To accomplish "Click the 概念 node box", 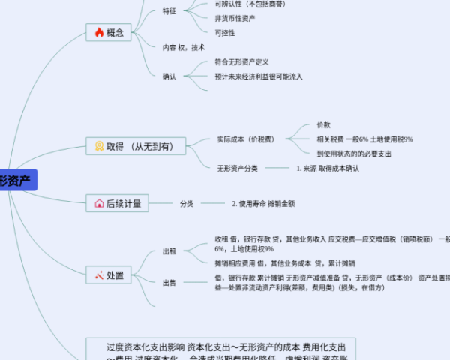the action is tap(108, 32).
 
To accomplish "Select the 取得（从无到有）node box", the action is tap(135, 146).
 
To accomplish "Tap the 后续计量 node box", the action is tap(118, 203).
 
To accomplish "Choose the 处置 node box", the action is tap(108, 275).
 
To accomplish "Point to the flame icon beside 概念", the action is tap(99, 32).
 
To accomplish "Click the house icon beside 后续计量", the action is tap(99, 203).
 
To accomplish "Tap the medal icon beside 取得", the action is tap(99, 146).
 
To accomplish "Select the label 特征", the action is tap(169, 11).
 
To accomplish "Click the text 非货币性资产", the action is tap(233, 18).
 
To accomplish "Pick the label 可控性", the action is tap(225, 33).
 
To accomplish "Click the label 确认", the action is tap(169, 76).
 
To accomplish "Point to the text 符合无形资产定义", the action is tap(241, 61).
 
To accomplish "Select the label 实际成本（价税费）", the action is tap(246, 139).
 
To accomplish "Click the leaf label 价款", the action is tap(323, 124).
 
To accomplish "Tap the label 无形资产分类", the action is tap(238, 169).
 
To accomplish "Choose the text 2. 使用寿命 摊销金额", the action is tap(263, 203).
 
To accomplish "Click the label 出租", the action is tap(169, 252).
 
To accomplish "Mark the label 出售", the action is tap(169, 283).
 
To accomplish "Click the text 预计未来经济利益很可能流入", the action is tap(259, 76).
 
